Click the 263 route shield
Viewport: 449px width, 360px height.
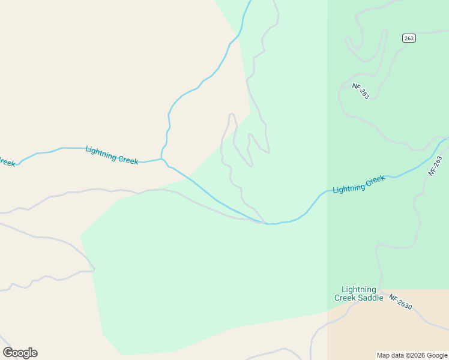(x=409, y=38)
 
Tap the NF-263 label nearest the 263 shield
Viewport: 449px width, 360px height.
(x=361, y=91)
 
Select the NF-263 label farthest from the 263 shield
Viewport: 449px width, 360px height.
(x=435, y=166)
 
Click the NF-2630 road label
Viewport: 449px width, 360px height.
(x=400, y=301)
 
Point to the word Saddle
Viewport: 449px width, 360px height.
(x=370, y=298)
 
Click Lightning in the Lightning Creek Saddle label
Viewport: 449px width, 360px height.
(x=358, y=289)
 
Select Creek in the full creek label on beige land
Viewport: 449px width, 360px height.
(x=128, y=160)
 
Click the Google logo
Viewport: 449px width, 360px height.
(x=20, y=353)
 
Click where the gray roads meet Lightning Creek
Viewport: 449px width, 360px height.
(x=262, y=223)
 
